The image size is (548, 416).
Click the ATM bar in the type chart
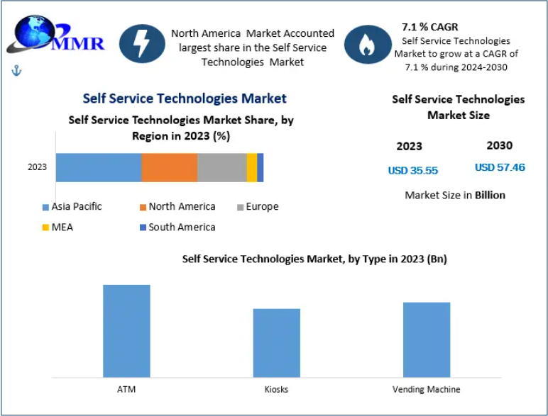point(126,330)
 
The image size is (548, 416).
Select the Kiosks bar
point(277,342)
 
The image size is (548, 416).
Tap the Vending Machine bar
point(427,339)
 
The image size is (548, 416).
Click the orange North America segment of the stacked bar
point(169,167)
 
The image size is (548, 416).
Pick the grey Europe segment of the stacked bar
point(221,167)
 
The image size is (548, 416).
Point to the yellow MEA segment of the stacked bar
point(252,167)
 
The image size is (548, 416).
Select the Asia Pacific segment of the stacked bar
point(99,167)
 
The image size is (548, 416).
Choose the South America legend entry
point(177,227)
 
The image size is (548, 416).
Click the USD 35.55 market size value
point(412,170)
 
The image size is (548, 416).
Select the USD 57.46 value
point(500,168)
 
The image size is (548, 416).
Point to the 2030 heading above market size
point(499,146)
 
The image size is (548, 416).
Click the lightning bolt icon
point(142,44)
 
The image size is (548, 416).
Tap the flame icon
point(368,44)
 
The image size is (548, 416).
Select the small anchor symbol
point(16,70)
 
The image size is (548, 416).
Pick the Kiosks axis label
point(277,389)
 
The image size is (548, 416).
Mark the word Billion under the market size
point(490,195)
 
